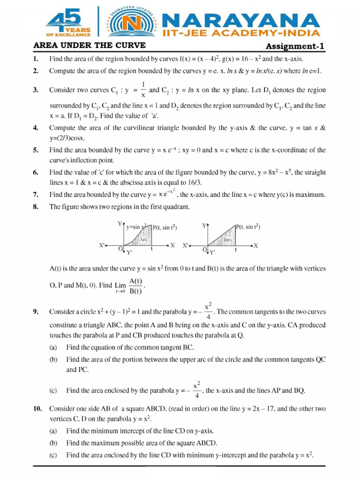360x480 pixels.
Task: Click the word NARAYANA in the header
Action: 240,20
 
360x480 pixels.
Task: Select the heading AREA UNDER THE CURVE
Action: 90,45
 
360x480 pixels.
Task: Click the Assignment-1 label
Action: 295,46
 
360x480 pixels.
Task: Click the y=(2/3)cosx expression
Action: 71,138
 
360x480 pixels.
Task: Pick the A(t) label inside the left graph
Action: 143,240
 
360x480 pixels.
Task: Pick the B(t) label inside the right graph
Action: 228,240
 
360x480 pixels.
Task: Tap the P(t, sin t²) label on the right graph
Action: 248,227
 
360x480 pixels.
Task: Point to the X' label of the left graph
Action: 102,245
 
